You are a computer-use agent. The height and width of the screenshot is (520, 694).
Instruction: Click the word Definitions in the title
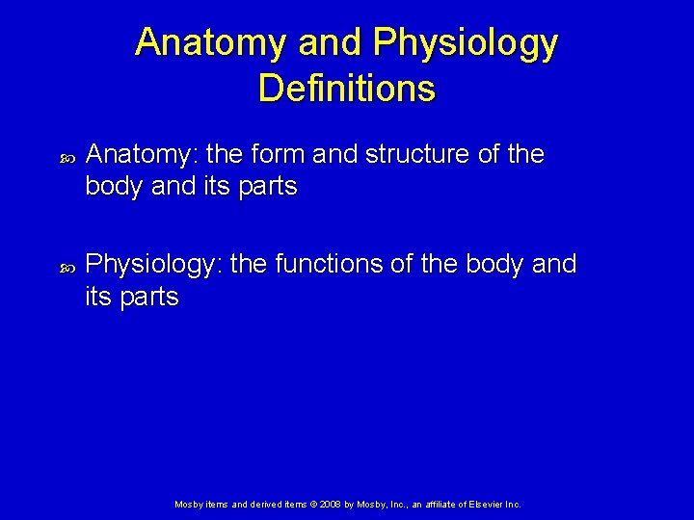(347, 89)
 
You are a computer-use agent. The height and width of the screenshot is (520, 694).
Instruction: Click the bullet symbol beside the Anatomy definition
(67, 156)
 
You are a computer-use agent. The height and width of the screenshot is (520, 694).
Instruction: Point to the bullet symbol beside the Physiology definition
(67, 265)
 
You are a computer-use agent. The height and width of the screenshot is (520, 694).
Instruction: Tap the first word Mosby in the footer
(187, 505)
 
